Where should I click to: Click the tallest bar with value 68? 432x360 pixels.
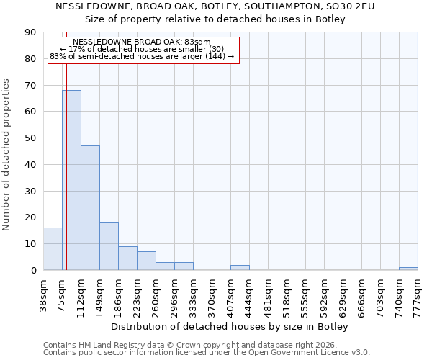71,180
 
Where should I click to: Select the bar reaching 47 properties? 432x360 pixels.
90,208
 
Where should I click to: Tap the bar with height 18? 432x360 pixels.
109,246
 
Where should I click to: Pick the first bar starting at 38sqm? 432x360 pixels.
53,249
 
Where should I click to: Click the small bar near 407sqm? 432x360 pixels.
240,267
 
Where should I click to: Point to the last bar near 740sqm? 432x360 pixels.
408,269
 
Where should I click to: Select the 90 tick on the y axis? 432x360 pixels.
30,32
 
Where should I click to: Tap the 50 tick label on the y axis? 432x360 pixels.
30,138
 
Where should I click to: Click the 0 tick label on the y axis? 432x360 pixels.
33,270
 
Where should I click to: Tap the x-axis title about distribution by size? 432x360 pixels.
230,327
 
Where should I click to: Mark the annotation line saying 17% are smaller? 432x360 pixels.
142,49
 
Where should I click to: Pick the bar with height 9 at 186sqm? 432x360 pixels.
127,258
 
